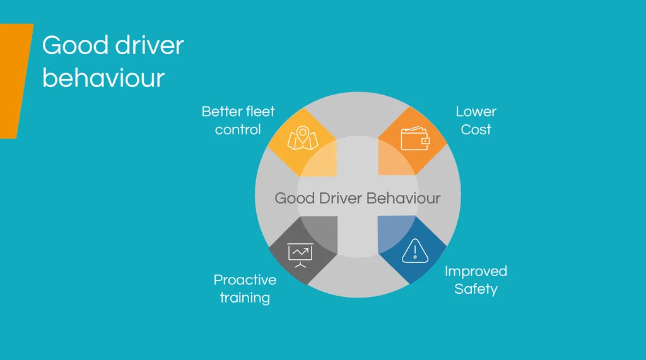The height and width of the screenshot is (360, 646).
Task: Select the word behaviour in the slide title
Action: [x=103, y=78]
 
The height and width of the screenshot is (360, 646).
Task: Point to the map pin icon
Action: [x=302, y=139]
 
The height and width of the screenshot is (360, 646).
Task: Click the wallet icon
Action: [x=415, y=139]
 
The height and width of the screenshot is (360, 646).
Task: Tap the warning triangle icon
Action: [x=414, y=250]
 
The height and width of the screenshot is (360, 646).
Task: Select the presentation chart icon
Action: [x=301, y=253]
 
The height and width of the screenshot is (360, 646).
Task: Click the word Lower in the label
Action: [x=476, y=112]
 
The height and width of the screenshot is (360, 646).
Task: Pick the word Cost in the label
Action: [x=476, y=130]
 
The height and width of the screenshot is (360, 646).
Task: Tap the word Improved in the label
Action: [x=476, y=272]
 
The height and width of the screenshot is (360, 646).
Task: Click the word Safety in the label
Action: [x=476, y=289]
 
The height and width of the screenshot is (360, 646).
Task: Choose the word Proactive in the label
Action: [x=245, y=280]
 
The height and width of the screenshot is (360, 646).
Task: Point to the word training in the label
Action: [x=245, y=298]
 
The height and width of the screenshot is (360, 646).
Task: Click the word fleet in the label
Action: [x=259, y=112]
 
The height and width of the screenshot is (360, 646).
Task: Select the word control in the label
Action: [x=238, y=130]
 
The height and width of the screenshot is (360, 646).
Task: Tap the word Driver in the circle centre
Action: [x=340, y=198]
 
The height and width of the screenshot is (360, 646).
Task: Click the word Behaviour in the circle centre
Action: [x=404, y=198]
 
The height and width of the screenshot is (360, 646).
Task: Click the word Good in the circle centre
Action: [x=294, y=198]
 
